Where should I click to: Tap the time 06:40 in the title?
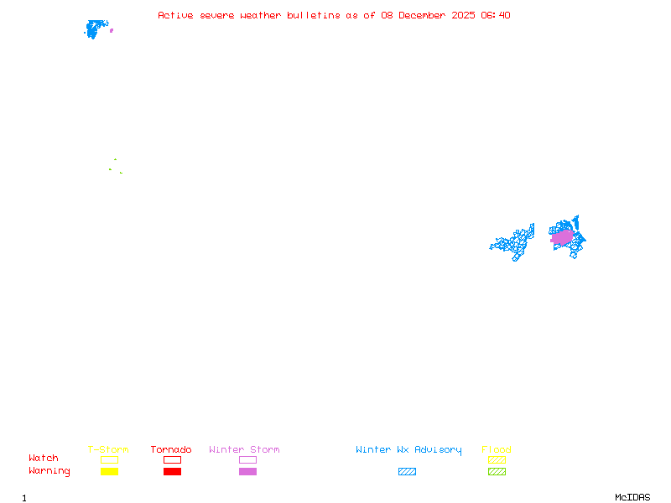pyautogui.click(x=496, y=15)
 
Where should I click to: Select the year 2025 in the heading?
pyautogui.click(x=464, y=15)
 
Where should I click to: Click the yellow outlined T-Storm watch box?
pyautogui.click(x=109, y=459)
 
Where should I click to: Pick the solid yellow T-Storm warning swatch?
pyautogui.click(x=109, y=471)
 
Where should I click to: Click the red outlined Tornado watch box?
pyautogui.click(x=172, y=459)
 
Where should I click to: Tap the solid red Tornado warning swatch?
pyautogui.click(x=172, y=471)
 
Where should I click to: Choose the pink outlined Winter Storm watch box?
pyautogui.click(x=247, y=459)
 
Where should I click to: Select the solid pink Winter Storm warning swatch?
pyautogui.click(x=247, y=471)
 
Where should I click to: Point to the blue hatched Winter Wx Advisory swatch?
pyautogui.click(x=407, y=471)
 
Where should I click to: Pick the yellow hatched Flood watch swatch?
pyautogui.click(x=497, y=459)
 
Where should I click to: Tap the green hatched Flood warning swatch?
pyautogui.click(x=497, y=471)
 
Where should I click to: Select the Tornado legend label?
pyautogui.click(x=171, y=450)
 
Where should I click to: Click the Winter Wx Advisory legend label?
pyautogui.click(x=408, y=450)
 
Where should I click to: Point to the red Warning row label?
pyautogui.click(x=49, y=471)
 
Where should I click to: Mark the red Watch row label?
pyautogui.click(x=44, y=459)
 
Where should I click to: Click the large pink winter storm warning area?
pyautogui.click(x=562, y=238)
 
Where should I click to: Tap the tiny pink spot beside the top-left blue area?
pyautogui.click(x=112, y=30)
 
